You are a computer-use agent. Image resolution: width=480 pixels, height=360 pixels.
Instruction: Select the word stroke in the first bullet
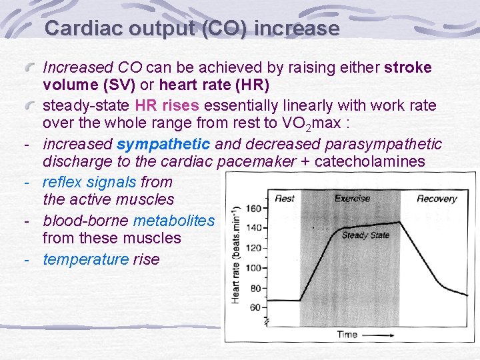tap(408, 67)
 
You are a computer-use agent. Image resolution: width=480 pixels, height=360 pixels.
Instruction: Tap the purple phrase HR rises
tap(167, 105)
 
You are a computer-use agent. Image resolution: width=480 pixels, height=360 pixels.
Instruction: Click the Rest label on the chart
tap(285, 198)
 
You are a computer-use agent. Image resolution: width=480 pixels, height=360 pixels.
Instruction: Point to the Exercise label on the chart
tap(352, 198)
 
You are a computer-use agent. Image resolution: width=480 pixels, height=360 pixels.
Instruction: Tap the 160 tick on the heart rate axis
tap(253, 209)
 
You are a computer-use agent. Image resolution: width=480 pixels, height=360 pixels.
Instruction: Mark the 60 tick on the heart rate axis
tap(255, 307)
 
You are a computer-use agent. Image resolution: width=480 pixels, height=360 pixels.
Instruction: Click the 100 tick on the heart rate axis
tap(253, 268)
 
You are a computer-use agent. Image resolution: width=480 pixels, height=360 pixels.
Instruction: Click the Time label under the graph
tap(347, 334)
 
